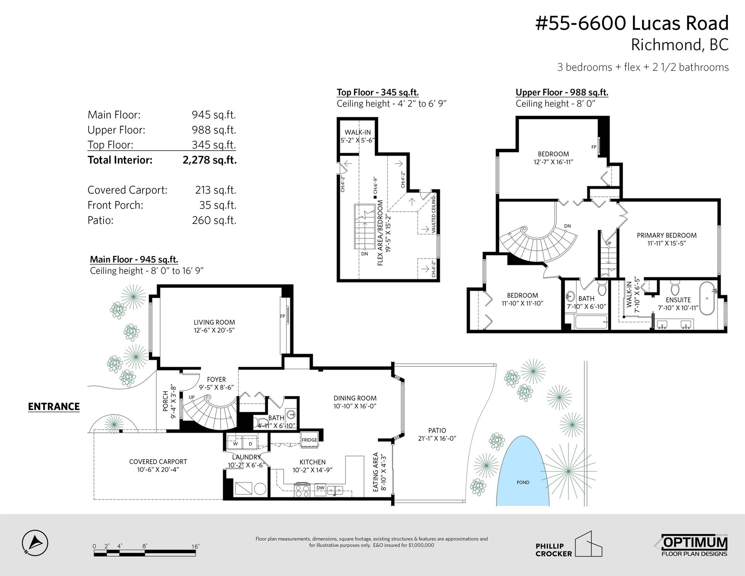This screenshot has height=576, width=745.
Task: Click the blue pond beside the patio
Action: (x=523, y=472)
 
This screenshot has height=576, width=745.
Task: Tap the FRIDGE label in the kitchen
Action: (x=309, y=440)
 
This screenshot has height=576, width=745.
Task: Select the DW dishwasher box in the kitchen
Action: (x=321, y=488)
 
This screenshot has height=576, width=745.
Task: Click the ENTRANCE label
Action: (x=54, y=406)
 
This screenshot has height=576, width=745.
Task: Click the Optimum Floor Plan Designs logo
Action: (x=694, y=547)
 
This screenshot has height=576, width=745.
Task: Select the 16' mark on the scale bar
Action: (x=195, y=546)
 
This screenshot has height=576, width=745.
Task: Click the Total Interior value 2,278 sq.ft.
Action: (x=210, y=160)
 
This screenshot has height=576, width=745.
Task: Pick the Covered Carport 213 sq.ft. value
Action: (x=215, y=190)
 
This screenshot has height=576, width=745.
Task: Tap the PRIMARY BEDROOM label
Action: (x=667, y=235)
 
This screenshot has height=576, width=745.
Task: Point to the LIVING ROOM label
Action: (x=214, y=322)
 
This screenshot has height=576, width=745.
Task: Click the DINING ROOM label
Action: (x=355, y=398)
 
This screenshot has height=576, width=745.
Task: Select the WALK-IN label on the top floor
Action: (x=358, y=132)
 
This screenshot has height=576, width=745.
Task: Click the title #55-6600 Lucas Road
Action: (x=632, y=23)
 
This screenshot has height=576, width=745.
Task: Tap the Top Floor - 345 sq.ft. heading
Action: (x=378, y=92)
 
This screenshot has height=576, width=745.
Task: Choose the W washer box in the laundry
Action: (x=235, y=443)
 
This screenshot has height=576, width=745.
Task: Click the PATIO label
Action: (x=437, y=430)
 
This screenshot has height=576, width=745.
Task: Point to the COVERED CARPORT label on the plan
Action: (x=158, y=461)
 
